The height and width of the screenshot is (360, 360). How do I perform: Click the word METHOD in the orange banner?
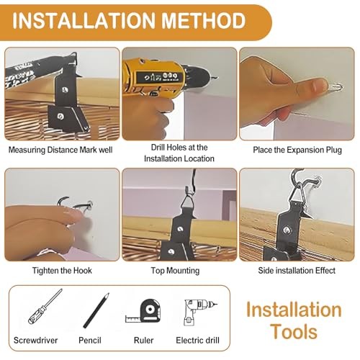point(204,21)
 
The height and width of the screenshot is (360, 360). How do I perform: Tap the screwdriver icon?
point(45,307)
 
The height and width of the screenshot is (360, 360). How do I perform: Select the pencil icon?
point(96,310)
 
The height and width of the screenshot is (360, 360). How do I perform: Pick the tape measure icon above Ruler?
point(143,310)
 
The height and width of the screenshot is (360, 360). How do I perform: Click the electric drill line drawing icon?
point(199,312)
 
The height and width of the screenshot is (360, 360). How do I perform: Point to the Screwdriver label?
point(35,341)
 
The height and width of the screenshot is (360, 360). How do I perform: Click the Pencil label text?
point(90,341)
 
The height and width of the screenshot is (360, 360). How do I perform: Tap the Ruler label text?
point(143,341)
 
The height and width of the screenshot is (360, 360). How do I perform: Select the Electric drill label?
point(197,341)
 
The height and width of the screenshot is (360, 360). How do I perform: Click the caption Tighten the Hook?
point(62,271)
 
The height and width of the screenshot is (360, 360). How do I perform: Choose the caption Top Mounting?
point(175,271)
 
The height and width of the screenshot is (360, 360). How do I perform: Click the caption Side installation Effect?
point(297,271)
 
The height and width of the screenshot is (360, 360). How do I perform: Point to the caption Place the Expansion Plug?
point(297,150)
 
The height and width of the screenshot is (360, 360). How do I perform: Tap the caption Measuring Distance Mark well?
point(60,150)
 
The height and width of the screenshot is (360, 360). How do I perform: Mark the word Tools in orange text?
point(294,332)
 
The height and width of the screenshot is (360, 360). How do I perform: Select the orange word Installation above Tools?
point(294,310)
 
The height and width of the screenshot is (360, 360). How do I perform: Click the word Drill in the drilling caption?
point(157,148)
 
